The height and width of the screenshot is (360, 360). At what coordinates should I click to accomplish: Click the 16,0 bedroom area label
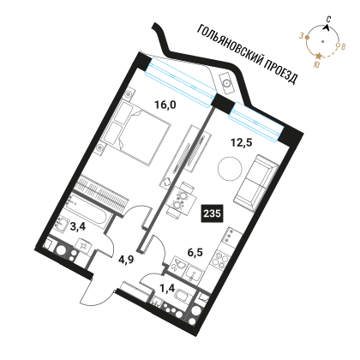(x=165, y=105)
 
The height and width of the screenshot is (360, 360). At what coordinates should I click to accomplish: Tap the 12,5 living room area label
(x=242, y=142)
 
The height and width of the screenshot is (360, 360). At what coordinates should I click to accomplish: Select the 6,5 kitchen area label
(x=195, y=252)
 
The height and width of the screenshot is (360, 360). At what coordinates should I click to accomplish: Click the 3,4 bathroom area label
(x=78, y=228)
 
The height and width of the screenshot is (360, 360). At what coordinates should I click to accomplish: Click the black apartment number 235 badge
(x=213, y=213)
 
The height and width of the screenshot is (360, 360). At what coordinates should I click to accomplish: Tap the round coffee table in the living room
(x=230, y=168)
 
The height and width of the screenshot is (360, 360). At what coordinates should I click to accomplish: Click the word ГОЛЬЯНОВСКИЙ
(x=230, y=43)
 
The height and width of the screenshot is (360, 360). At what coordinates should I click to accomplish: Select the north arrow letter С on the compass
(x=329, y=20)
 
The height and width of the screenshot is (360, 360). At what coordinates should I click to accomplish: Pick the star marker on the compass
(x=319, y=56)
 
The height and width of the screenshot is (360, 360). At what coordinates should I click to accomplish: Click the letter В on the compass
(x=343, y=46)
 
